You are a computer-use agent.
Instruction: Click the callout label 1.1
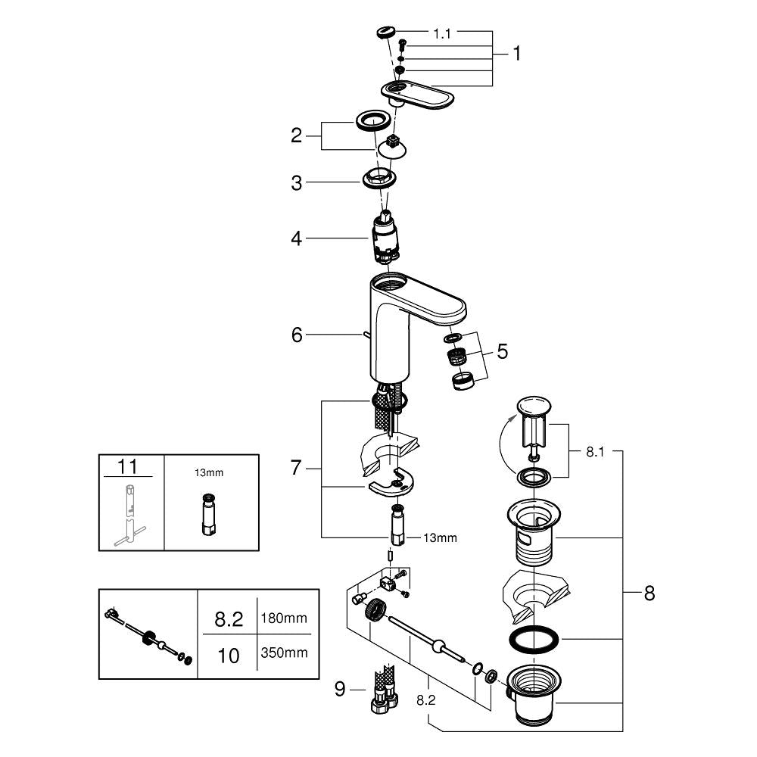tap(442, 34)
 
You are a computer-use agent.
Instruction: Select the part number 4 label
tap(297, 238)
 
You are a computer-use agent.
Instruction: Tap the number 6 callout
tap(297, 335)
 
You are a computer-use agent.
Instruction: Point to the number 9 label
tap(340, 689)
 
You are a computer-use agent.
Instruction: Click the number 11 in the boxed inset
tap(127, 467)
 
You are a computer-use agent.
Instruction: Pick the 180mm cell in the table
tap(284, 618)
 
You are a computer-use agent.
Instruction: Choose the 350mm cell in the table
tap(284, 653)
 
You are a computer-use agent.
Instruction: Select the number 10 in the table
tap(229, 656)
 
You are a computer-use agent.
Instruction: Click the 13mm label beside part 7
tap(440, 537)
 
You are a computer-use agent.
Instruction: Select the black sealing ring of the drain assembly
tap(534, 640)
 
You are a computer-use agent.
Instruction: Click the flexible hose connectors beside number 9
tap(384, 688)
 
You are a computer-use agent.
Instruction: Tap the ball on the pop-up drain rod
tap(439, 646)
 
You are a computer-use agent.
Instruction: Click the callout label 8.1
tap(595, 452)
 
